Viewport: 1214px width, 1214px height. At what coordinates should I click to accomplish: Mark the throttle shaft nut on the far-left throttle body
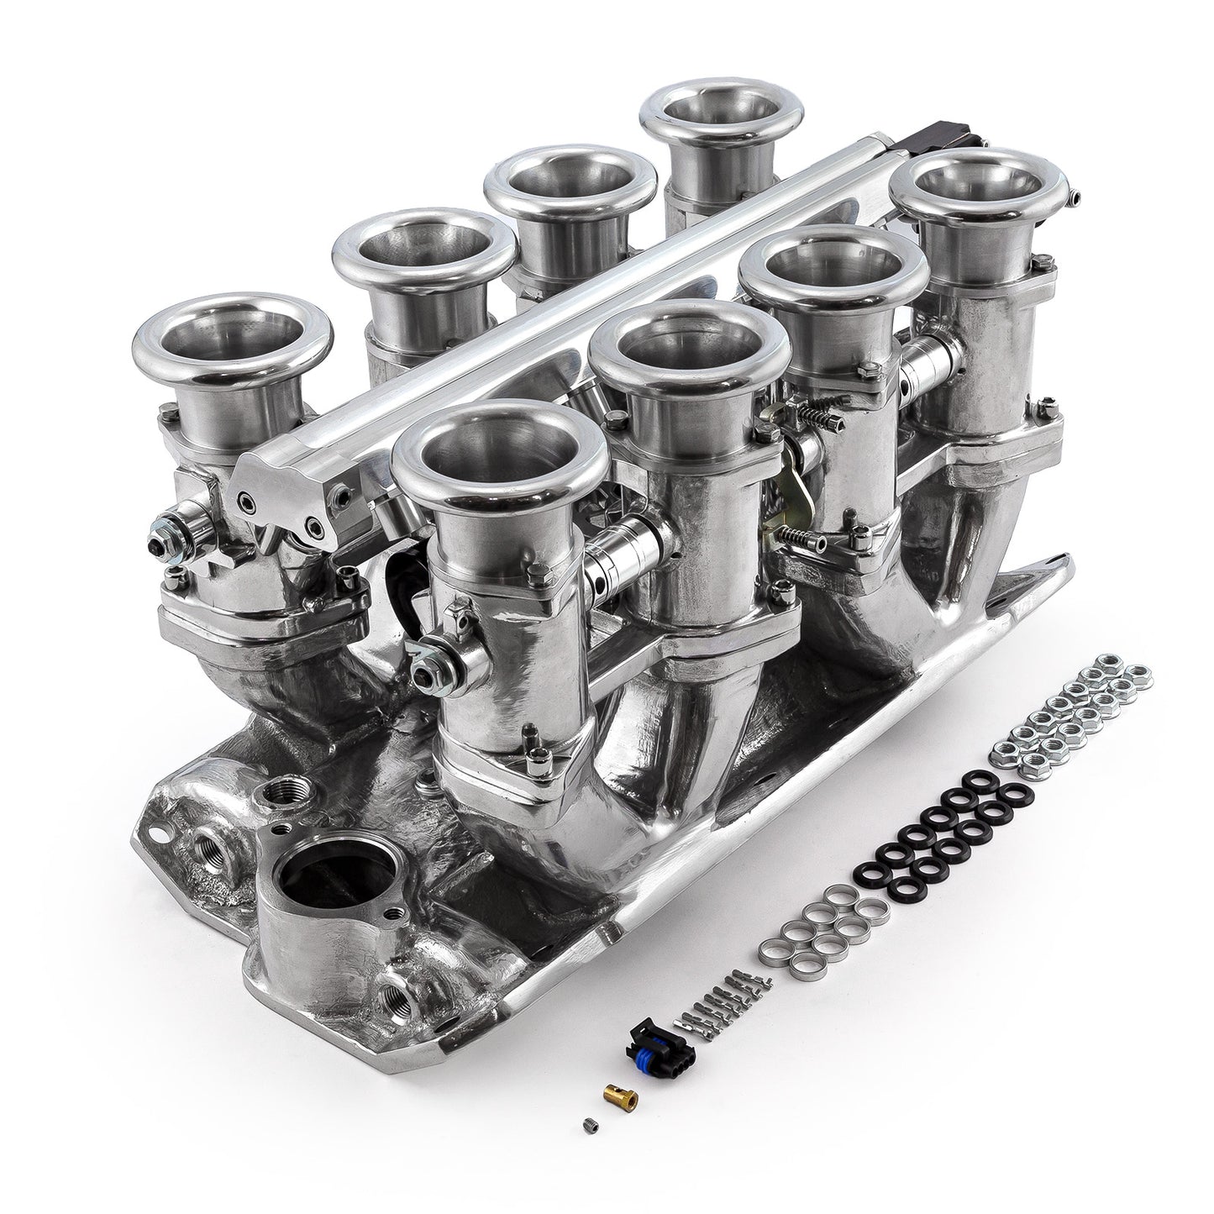point(159,532)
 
